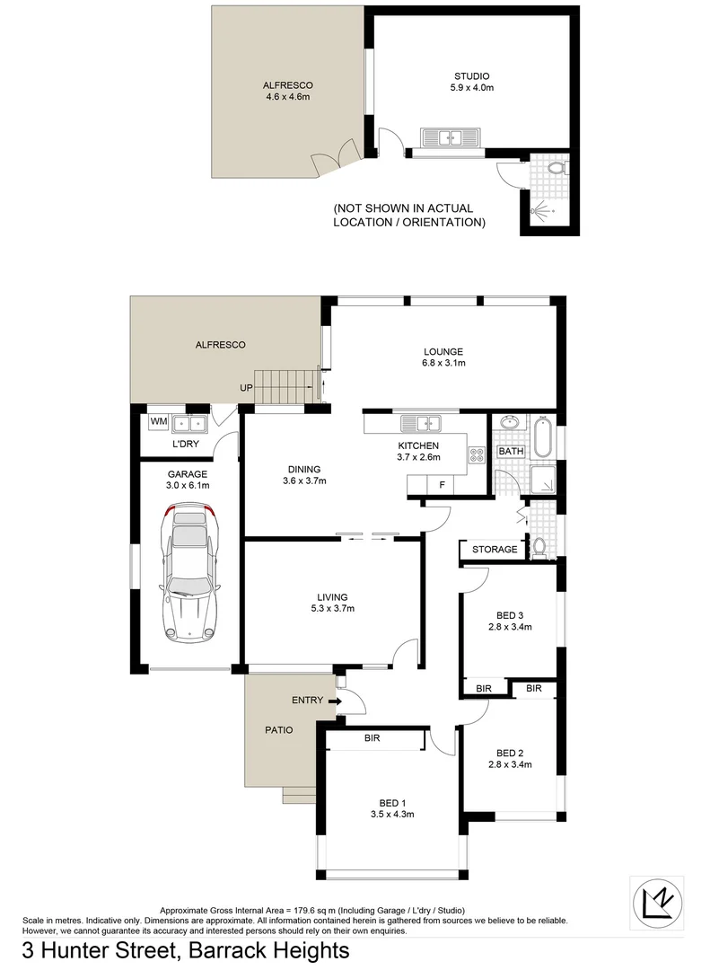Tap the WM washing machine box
click(x=158, y=421)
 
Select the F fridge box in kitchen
click(x=441, y=485)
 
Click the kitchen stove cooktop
click(x=476, y=455)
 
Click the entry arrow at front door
click(x=335, y=701)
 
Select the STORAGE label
click(x=495, y=549)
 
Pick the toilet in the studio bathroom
click(x=555, y=167)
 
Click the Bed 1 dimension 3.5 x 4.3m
click(x=391, y=815)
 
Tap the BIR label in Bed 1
click(x=373, y=738)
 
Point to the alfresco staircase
click(x=286, y=386)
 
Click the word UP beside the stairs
click(x=245, y=388)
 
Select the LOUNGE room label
click(x=443, y=351)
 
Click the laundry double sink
click(x=190, y=422)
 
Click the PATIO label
click(x=278, y=730)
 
